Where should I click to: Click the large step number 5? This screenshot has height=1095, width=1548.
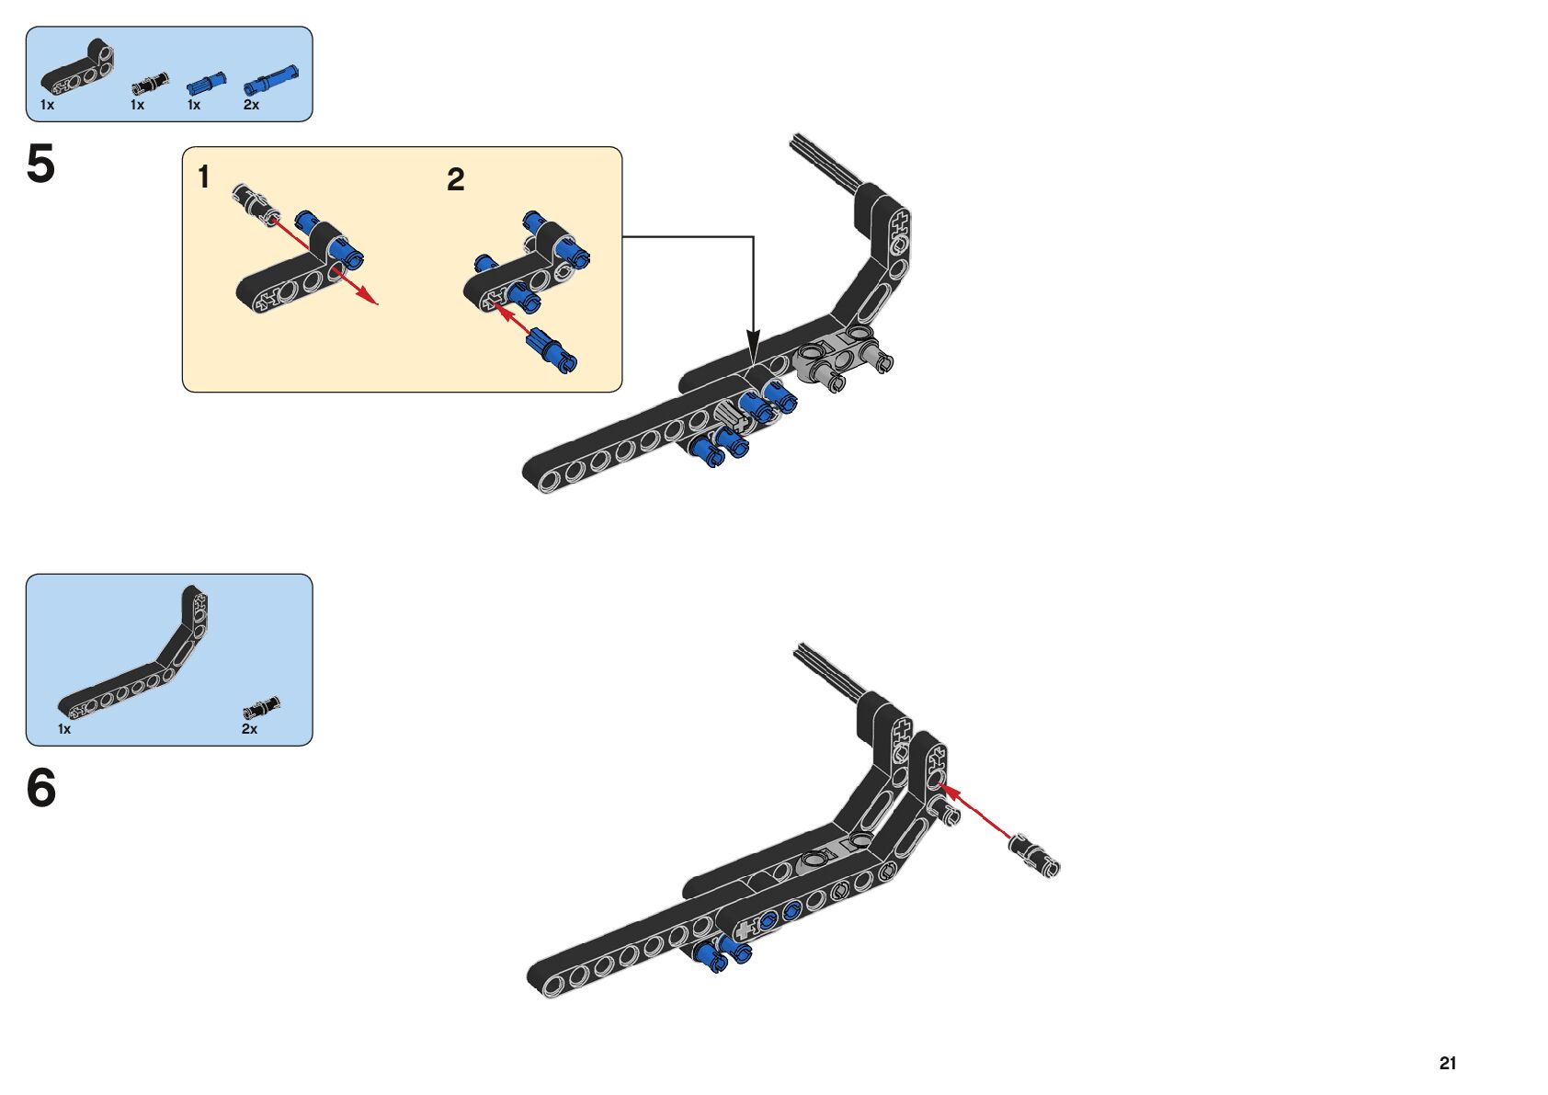[x=40, y=165]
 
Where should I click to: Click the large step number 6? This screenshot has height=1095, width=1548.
[x=41, y=789]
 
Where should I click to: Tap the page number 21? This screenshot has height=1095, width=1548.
[x=1448, y=1064]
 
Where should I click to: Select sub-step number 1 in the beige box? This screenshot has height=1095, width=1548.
[x=204, y=177]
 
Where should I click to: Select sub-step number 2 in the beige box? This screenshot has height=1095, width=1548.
[x=455, y=180]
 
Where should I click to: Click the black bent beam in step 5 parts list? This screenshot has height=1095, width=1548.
[x=79, y=70]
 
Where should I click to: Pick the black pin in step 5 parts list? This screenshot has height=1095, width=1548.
[x=150, y=84]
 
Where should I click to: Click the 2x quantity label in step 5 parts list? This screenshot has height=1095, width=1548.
[x=251, y=106]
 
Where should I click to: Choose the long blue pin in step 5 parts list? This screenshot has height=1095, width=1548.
[x=270, y=80]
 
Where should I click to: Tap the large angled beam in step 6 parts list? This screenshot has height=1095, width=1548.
[x=138, y=657]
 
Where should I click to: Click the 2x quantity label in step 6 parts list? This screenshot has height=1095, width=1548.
[x=249, y=729]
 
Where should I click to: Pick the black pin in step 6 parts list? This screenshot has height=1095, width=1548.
[x=261, y=708]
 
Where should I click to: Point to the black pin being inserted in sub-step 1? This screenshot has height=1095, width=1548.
[x=252, y=200]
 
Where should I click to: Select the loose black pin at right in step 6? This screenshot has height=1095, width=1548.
[x=1035, y=854]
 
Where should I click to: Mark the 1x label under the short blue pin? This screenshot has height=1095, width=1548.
[x=194, y=106]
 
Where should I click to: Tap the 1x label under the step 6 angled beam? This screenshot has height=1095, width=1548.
[x=64, y=729]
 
